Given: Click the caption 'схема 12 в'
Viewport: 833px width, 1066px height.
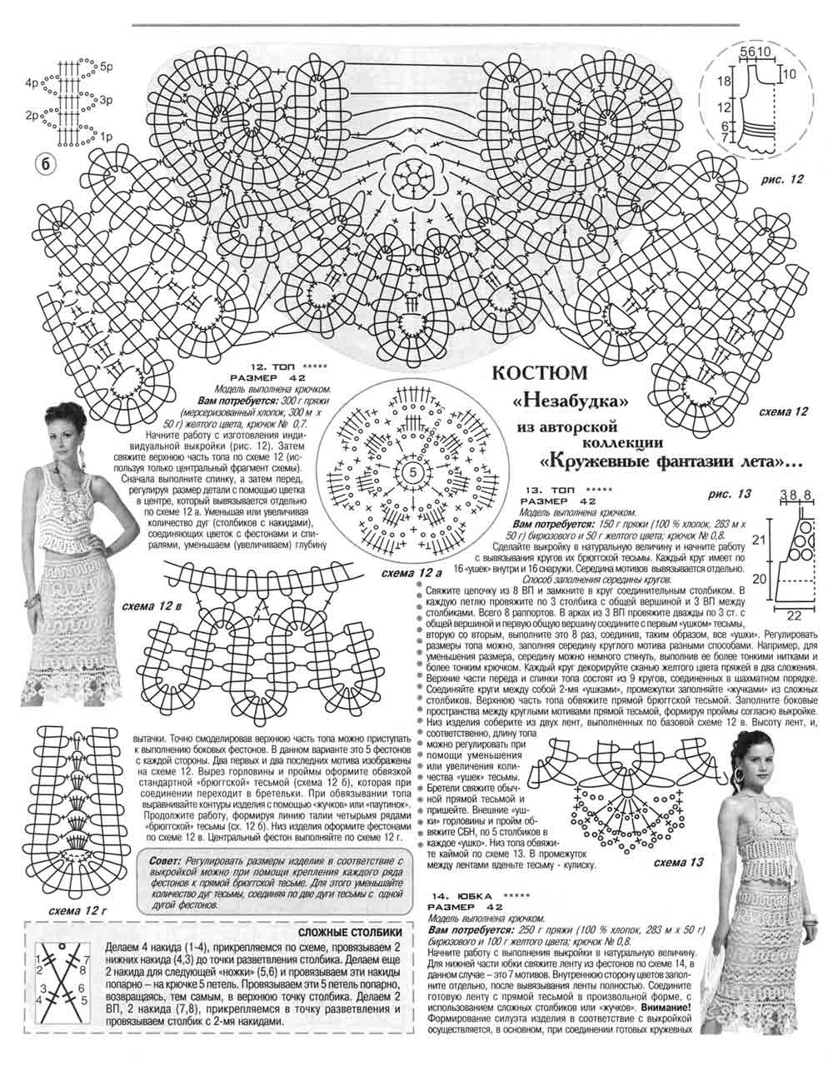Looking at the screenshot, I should click(x=152, y=604).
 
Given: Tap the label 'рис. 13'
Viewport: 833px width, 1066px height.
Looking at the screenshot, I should click(x=730, y=494).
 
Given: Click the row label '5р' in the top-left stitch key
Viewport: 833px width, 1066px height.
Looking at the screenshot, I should click(x=107, y=64).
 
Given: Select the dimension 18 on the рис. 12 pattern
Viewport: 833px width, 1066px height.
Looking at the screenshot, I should click(x=724, y=81).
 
